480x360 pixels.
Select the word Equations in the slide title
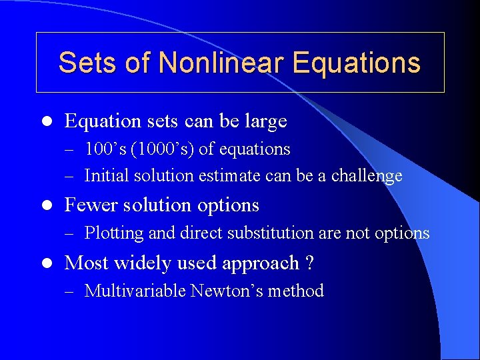click(x=357, y=63)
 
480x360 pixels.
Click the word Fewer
click(x=89, y=205)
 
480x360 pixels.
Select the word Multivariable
click(x=135, y=291)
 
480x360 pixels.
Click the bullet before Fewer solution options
click(x=45, y=205)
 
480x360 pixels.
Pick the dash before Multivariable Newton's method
click(x=71, y=292)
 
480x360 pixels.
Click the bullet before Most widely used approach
click(x=45, y=263)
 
